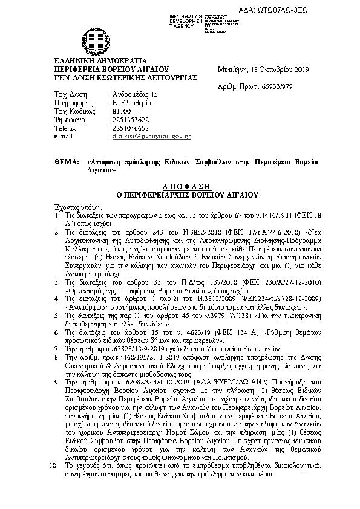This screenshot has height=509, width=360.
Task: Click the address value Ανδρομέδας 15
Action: click(134, 95)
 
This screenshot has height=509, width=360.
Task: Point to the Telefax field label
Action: click(65, 129)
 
